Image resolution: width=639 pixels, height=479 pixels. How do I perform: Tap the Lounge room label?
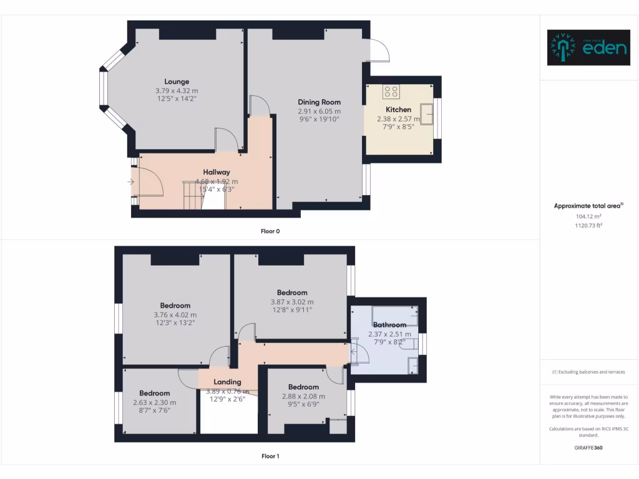point(177,82)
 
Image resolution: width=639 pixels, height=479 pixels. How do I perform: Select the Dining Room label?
point(319,102)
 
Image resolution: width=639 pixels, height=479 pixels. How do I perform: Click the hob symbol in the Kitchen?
point(391,92)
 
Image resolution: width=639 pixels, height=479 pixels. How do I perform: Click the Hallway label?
point(217,172)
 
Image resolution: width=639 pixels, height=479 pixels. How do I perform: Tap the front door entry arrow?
point(130,182)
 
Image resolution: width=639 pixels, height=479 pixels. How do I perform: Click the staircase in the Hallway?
point(193,195)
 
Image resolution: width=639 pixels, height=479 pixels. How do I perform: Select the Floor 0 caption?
point(270,231)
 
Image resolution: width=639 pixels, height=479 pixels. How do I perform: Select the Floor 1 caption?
point(270,457)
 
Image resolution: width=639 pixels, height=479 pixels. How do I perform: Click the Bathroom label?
point(389,325)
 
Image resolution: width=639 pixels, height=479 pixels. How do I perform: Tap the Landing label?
point(227,382)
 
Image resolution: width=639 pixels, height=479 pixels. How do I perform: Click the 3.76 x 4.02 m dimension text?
point(175,315)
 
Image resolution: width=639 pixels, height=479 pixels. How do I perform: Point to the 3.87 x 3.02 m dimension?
point(292,302)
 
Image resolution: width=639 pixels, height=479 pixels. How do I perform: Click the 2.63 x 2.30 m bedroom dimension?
point(155,402)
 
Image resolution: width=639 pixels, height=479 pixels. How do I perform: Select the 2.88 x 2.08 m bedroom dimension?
point(304,396)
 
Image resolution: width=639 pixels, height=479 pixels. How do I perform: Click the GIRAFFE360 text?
point(588,448)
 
